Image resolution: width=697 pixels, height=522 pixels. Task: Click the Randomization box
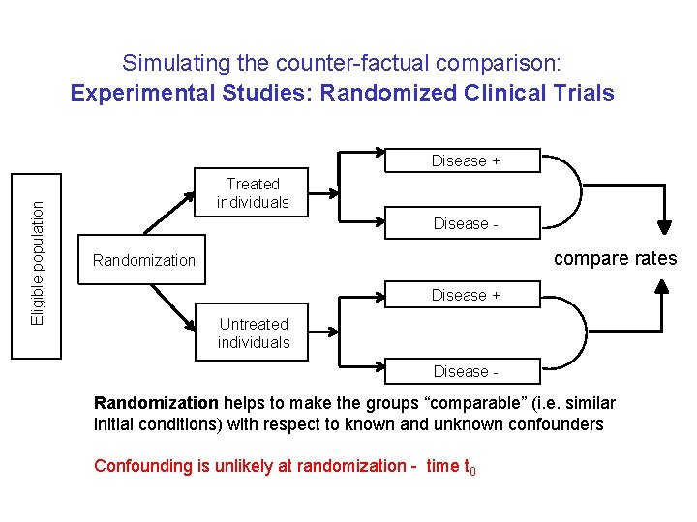click(142, 260)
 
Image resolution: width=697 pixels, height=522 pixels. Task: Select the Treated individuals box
click(253, 193)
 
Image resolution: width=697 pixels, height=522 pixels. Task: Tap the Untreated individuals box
click(253, 333)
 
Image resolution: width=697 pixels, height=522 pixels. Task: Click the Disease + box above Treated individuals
click(465, 160)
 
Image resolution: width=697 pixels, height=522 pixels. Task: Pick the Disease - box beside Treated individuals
click(465, 223)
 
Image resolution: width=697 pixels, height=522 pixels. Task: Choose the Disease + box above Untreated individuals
click(465, 295)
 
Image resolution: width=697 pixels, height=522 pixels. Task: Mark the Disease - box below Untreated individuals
click(465, 371)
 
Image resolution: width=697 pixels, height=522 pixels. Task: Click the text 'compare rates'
click(615, 258)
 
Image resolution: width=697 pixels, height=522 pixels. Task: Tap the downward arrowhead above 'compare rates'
click(664, 226)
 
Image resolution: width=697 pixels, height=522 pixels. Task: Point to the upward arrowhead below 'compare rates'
click(664, 287)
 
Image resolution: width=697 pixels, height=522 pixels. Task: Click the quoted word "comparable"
click(435, 403)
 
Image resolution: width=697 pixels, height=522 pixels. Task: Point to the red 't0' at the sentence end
click(469, 467)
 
